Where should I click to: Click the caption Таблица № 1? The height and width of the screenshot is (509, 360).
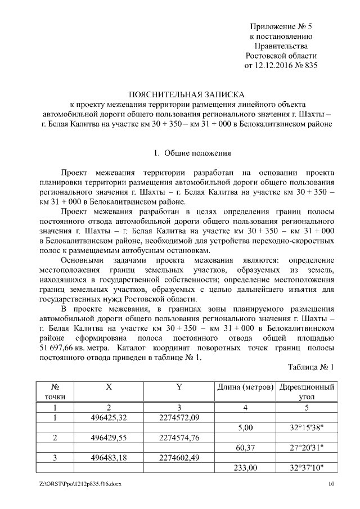(x=311, y=367)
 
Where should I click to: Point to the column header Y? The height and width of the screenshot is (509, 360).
(x=178, y=388)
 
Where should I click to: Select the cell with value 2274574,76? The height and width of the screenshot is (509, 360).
(x=179, y=438)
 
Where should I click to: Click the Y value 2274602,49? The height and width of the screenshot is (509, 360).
(x=179, y=458)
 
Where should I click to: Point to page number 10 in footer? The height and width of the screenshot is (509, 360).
(x=331, y=484)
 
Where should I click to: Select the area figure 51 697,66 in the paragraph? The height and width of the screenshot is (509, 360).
(x=59, y=348)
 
